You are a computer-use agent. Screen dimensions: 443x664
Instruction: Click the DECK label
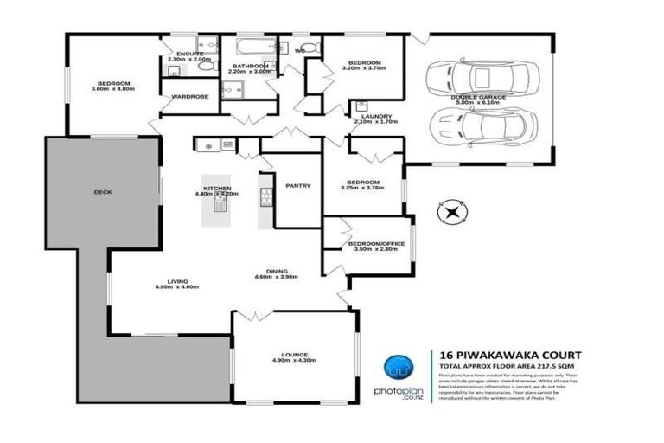point(103,192)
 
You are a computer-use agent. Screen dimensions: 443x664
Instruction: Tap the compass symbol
point(451,209)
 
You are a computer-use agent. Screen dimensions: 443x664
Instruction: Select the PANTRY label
point(298,185)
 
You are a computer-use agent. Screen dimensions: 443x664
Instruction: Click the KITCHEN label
point(216,188)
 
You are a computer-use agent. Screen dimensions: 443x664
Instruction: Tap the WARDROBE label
point(190,97)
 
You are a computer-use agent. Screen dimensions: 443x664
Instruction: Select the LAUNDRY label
point(376,116)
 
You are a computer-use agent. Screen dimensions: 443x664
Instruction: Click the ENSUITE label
point(189,54)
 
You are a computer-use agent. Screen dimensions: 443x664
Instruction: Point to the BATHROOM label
point(248,66)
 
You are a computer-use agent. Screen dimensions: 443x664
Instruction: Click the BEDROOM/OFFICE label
point(376,244)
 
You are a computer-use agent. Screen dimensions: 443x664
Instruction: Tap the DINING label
point(277,271)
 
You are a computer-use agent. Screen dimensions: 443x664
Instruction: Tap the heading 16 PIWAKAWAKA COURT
point(510,355)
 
